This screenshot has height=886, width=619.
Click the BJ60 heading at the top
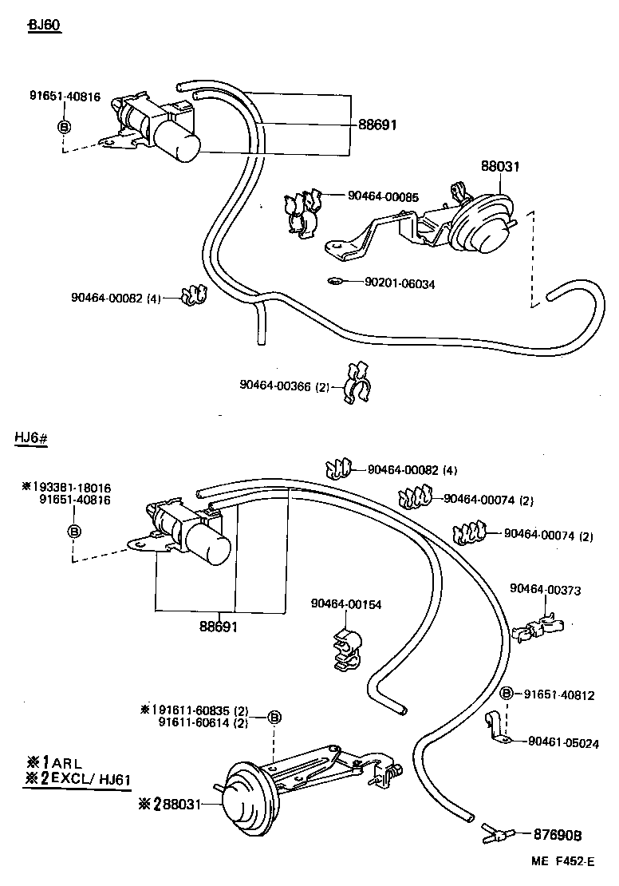[45, 25]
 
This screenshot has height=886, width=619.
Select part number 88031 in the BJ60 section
[500, 167]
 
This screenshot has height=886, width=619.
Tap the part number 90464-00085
[384, 196]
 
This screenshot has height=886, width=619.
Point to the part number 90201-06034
[400, 283]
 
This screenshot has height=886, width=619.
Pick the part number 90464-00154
[346, 604]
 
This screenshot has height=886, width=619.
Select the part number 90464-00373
[545, 591]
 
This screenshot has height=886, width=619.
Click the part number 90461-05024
[563, 742]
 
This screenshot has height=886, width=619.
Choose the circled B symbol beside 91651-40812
[506, 694]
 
